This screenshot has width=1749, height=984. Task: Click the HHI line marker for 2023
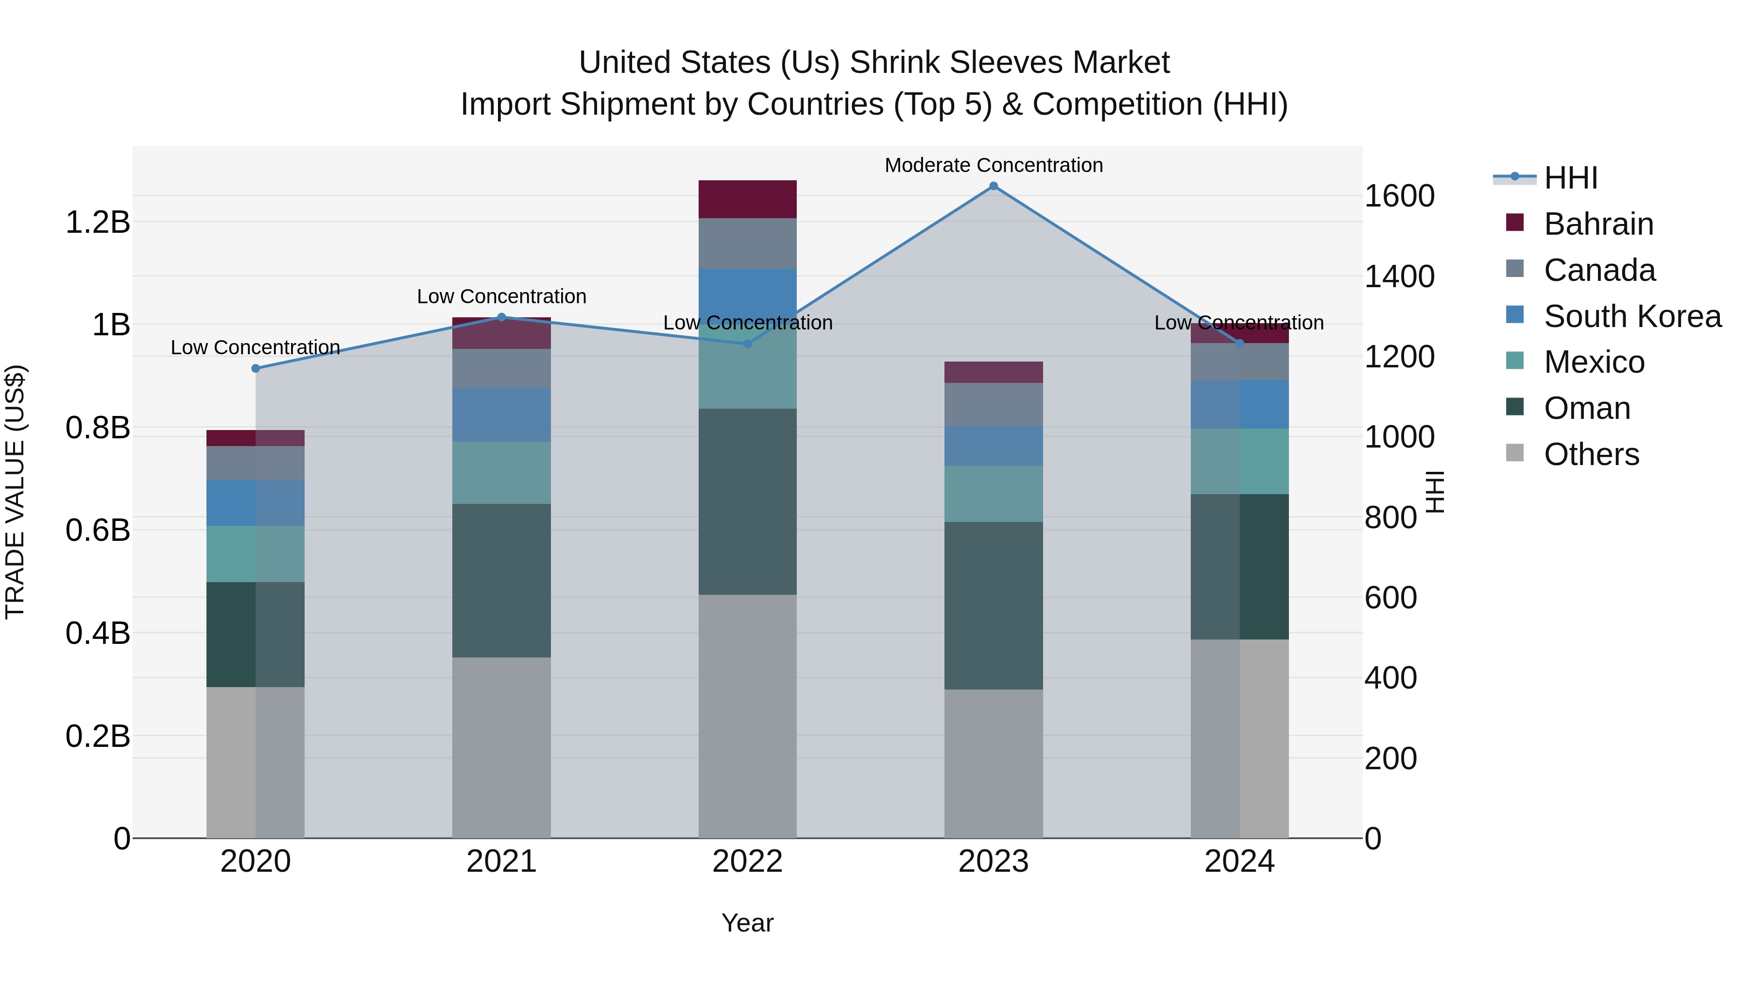(x=994, y=186)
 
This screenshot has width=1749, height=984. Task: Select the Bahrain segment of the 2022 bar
(x=748, y=199)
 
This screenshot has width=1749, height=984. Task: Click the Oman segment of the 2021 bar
(x=502, y=581)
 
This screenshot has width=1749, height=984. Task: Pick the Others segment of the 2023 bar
(x=994, y=763)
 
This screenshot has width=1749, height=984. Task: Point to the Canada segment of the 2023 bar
(x=994, y=404)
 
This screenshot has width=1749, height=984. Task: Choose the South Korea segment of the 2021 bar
(x=502, y=415)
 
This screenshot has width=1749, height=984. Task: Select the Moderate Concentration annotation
(x=994, y=165)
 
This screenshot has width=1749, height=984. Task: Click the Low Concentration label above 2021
(x=502, y=297)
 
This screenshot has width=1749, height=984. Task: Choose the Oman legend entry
(x=1587, y=408)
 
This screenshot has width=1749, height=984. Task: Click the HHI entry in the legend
(x=1570, y=178)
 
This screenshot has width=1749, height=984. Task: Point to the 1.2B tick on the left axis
(x=97, y=222)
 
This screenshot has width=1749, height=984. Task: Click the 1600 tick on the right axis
(x=1399, y=196)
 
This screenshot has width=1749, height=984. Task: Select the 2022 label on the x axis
(x=748, y=862)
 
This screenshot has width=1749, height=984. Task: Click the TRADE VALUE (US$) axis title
(x=16, y=492)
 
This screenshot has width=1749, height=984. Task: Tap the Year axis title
(x=748, y=923)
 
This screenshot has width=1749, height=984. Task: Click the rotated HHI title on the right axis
(x=1435, y=492)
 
